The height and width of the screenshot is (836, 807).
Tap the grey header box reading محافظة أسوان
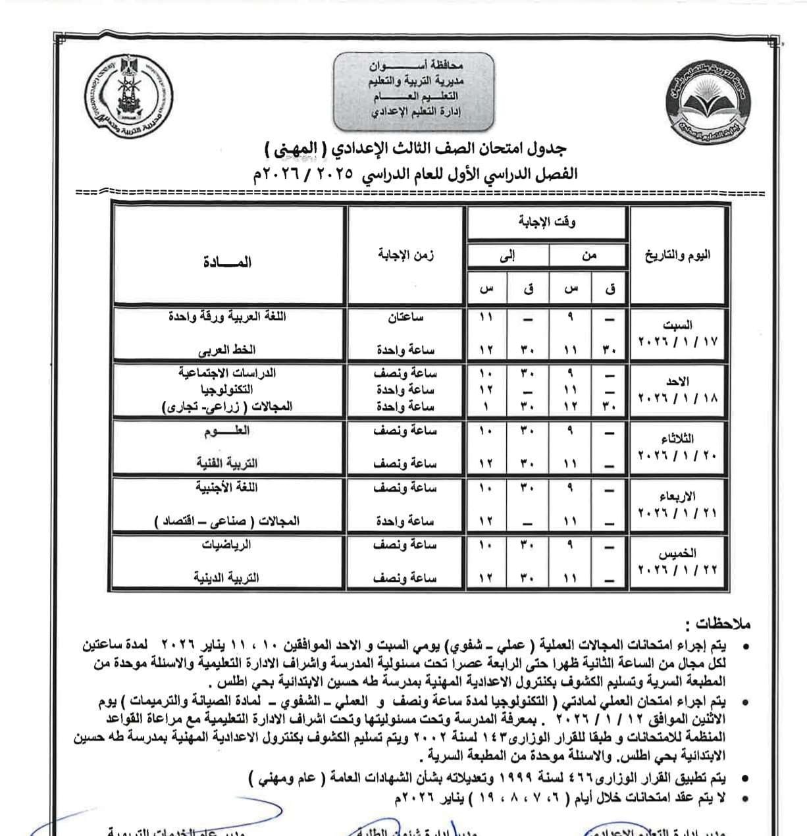click(414, 90)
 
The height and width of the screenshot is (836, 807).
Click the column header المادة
click(228, 262)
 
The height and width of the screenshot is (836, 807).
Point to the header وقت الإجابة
click(547, 223)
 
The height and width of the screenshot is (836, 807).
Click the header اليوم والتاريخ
click(678, 255)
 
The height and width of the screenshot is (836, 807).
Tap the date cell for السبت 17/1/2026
click(678, 333)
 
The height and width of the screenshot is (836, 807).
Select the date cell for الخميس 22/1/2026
click(678, 562)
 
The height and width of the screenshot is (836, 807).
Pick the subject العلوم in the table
click(227, 431)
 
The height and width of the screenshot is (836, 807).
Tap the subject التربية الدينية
click(226, 578)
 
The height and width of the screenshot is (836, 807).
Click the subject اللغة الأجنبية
click(226, 488)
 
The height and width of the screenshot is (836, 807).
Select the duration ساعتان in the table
click(405, 317)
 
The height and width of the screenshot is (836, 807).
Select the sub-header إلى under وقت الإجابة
click(507, 256)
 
